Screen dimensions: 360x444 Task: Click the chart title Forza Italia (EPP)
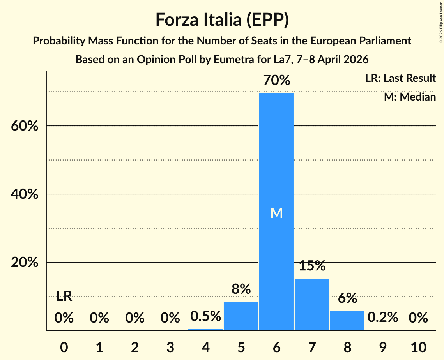point(222,19)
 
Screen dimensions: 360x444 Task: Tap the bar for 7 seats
point(312,304)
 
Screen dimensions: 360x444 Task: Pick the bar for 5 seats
point(241,316)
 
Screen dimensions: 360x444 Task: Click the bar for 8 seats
point(347,320)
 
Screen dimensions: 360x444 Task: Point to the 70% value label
point(276,81)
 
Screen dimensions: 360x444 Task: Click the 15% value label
point(312,266)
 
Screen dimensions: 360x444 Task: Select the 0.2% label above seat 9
point(383,318)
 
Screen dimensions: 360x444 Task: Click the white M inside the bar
point(276,213)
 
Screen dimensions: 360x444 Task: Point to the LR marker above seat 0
point(64,296)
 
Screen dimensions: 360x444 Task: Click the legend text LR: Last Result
point(400,78)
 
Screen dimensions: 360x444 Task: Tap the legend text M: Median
point(410,97)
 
